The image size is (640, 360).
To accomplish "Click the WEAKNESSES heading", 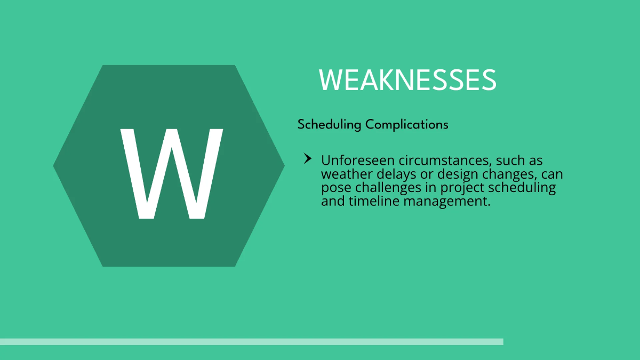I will point(407,80).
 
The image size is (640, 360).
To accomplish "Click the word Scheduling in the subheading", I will point(330,125).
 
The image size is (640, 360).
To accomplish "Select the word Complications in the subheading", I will point(407,125).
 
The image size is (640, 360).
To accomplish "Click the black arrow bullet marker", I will point(307,158).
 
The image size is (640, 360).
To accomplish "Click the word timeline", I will point(374,201).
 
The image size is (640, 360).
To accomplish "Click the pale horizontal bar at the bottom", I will point(251,341).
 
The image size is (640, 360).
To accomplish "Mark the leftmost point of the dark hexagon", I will point(54,166).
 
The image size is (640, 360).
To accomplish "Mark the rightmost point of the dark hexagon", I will point(284,166).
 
